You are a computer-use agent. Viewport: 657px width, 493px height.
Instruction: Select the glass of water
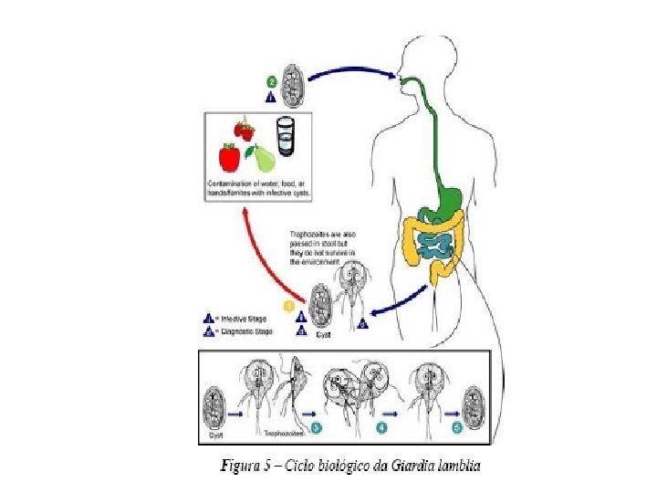[287, 136]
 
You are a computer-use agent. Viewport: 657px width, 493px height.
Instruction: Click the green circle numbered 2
[271, 81]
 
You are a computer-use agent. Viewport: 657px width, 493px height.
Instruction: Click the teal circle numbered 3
[317, 425]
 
